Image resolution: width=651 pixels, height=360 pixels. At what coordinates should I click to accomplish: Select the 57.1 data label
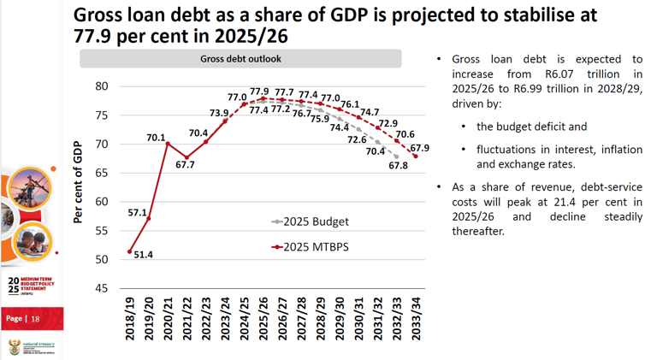coord(139,212)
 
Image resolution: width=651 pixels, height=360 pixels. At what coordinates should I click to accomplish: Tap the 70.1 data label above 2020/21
coord(156,137)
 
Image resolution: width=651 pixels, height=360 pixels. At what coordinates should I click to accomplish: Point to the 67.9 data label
coord(419,149)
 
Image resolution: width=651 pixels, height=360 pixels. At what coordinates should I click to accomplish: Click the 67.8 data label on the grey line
coord(398,165)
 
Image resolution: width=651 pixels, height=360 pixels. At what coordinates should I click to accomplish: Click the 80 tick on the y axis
coord(101,86)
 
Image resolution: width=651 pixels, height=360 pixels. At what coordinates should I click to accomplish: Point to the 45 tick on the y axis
coord(101,288)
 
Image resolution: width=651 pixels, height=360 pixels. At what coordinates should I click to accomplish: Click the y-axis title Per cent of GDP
coord(78,182)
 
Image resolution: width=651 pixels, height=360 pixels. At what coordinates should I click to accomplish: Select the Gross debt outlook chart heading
coord(240,59)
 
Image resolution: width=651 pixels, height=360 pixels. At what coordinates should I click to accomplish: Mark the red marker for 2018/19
coord(129,251)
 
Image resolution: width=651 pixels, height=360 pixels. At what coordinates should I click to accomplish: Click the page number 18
coord(35,318)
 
